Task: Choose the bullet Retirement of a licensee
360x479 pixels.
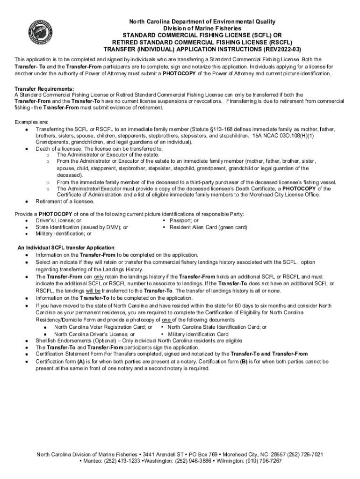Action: point(65,201)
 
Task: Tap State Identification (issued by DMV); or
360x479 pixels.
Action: point(82,227)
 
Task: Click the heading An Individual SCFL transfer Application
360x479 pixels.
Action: point(66,247)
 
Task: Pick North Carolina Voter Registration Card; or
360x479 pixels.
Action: point(103,327)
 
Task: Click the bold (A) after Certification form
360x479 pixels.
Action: point(81,362)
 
